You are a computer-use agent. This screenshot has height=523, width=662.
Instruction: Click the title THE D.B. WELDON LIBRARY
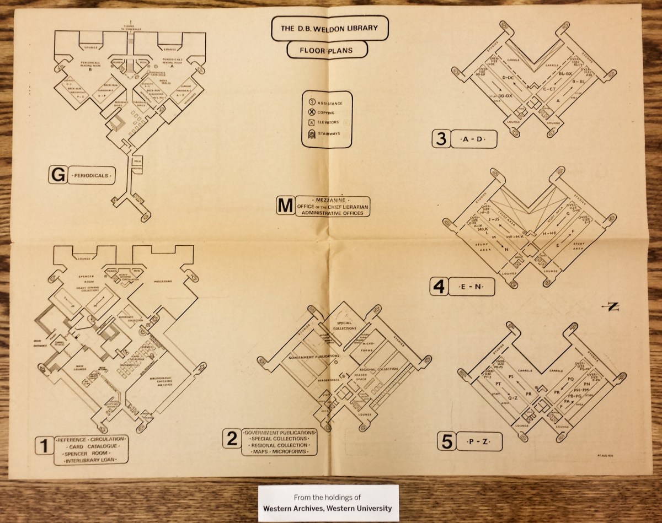click(330, 28)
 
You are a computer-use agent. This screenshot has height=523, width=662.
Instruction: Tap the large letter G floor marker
click(55, 176)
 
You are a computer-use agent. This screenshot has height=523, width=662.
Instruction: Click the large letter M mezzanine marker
click(285, 205)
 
